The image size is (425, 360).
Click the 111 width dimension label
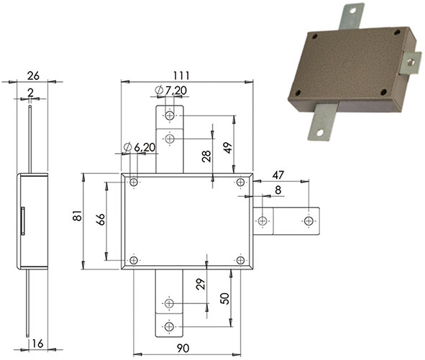pos(181,75)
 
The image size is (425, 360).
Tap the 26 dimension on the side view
pos(33,76)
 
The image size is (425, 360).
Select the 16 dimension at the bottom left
pos(37,343)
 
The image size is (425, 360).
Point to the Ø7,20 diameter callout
pos(170,91)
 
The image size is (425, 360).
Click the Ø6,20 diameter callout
pos(140,147)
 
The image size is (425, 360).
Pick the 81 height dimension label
pos(78,216)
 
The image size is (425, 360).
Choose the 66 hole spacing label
pos(101,219)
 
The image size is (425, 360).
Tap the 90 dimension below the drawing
pos(183,349)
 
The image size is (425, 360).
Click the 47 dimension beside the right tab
pos(278,175)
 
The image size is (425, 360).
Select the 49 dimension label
pos(228,148)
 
